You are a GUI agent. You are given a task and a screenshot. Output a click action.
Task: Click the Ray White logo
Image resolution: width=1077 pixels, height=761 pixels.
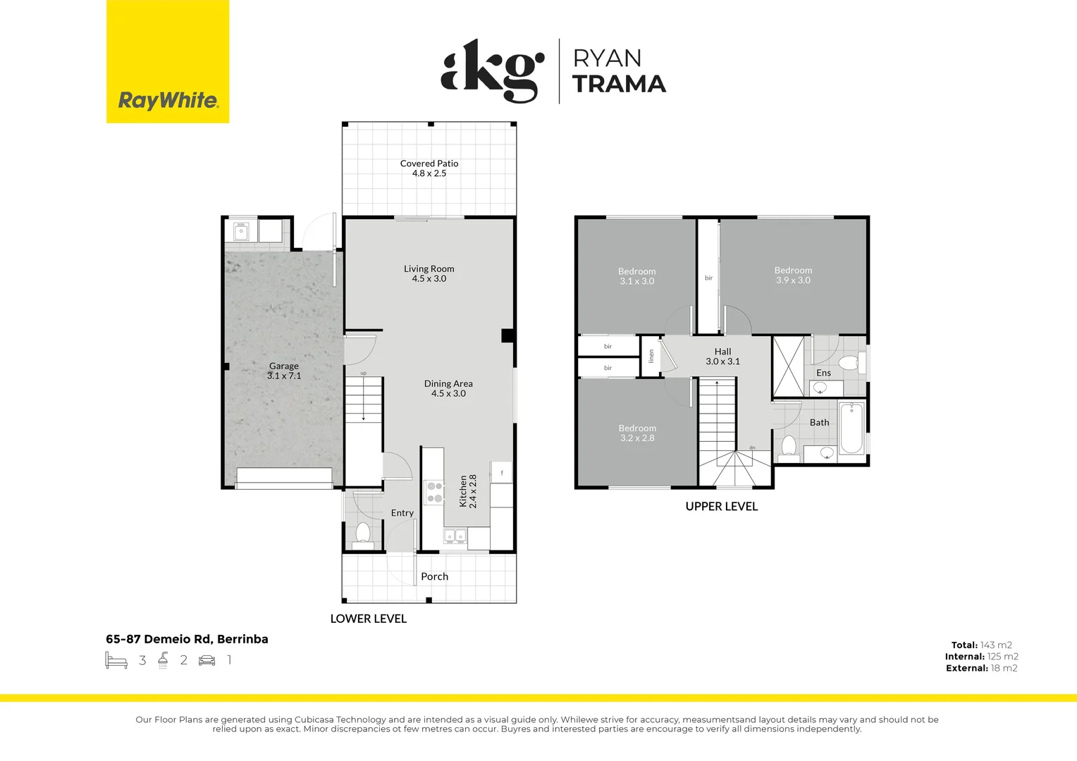pos(168,100)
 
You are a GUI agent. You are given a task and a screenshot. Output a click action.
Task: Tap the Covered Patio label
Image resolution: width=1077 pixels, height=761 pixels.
pos(429,163)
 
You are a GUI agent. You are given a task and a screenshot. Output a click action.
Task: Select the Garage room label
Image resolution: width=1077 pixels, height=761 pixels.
pos(284,366)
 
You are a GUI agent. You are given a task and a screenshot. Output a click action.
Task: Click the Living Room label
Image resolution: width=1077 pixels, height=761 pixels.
pos(429,269)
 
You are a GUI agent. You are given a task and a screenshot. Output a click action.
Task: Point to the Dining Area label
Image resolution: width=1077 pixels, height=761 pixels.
pos(448,384)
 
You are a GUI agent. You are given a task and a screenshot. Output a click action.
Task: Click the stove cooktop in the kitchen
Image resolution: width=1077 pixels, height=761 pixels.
pos(434,492)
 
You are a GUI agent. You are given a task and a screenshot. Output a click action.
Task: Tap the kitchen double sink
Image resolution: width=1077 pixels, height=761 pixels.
pos(455,537)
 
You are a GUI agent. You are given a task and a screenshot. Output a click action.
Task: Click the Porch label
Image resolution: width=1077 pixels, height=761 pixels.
pos(434,576)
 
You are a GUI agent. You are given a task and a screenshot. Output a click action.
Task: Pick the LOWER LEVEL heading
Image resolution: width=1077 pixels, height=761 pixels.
pos(369,619)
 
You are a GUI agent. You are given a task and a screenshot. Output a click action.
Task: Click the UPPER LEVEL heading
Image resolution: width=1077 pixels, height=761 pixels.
pos(722,507)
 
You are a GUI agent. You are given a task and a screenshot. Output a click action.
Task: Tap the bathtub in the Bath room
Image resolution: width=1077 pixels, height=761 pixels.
pos(851,428)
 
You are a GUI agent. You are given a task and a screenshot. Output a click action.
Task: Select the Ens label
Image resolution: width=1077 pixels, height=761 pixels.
pos(823,373)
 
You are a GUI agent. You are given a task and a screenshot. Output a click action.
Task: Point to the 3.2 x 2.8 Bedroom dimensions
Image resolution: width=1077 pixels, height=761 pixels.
pos(637,438)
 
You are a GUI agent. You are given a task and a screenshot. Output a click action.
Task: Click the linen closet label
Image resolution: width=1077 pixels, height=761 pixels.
pos(651,357)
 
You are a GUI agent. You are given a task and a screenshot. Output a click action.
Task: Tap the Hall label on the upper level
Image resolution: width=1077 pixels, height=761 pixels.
pos(722,352)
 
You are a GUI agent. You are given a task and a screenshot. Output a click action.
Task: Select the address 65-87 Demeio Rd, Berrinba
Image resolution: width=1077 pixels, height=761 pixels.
pos(187,639)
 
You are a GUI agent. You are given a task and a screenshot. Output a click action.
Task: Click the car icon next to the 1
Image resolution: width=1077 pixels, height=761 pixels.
pos(207,660)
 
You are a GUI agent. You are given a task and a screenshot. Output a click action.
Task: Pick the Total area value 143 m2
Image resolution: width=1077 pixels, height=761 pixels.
pos(996,645)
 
